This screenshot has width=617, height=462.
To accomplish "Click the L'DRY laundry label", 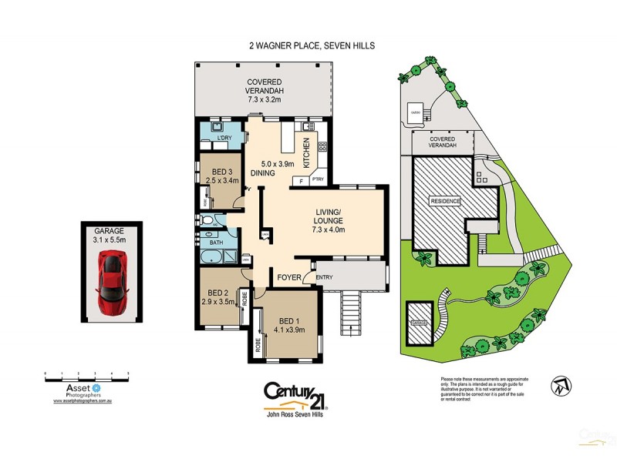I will click(x=224, y=138).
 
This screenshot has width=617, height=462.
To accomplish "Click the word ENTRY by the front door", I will click(x=325, y=278).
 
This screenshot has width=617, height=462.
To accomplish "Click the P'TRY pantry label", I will click(x=318, y=180).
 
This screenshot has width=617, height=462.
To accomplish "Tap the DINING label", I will click(x=262, y=174).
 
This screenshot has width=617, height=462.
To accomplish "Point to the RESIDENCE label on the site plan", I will click(x=445, y=202).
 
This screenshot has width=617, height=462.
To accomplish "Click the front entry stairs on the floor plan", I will click(x=351, y=313).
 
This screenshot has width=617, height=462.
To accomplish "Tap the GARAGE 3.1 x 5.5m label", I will click(x=110, y=234).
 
